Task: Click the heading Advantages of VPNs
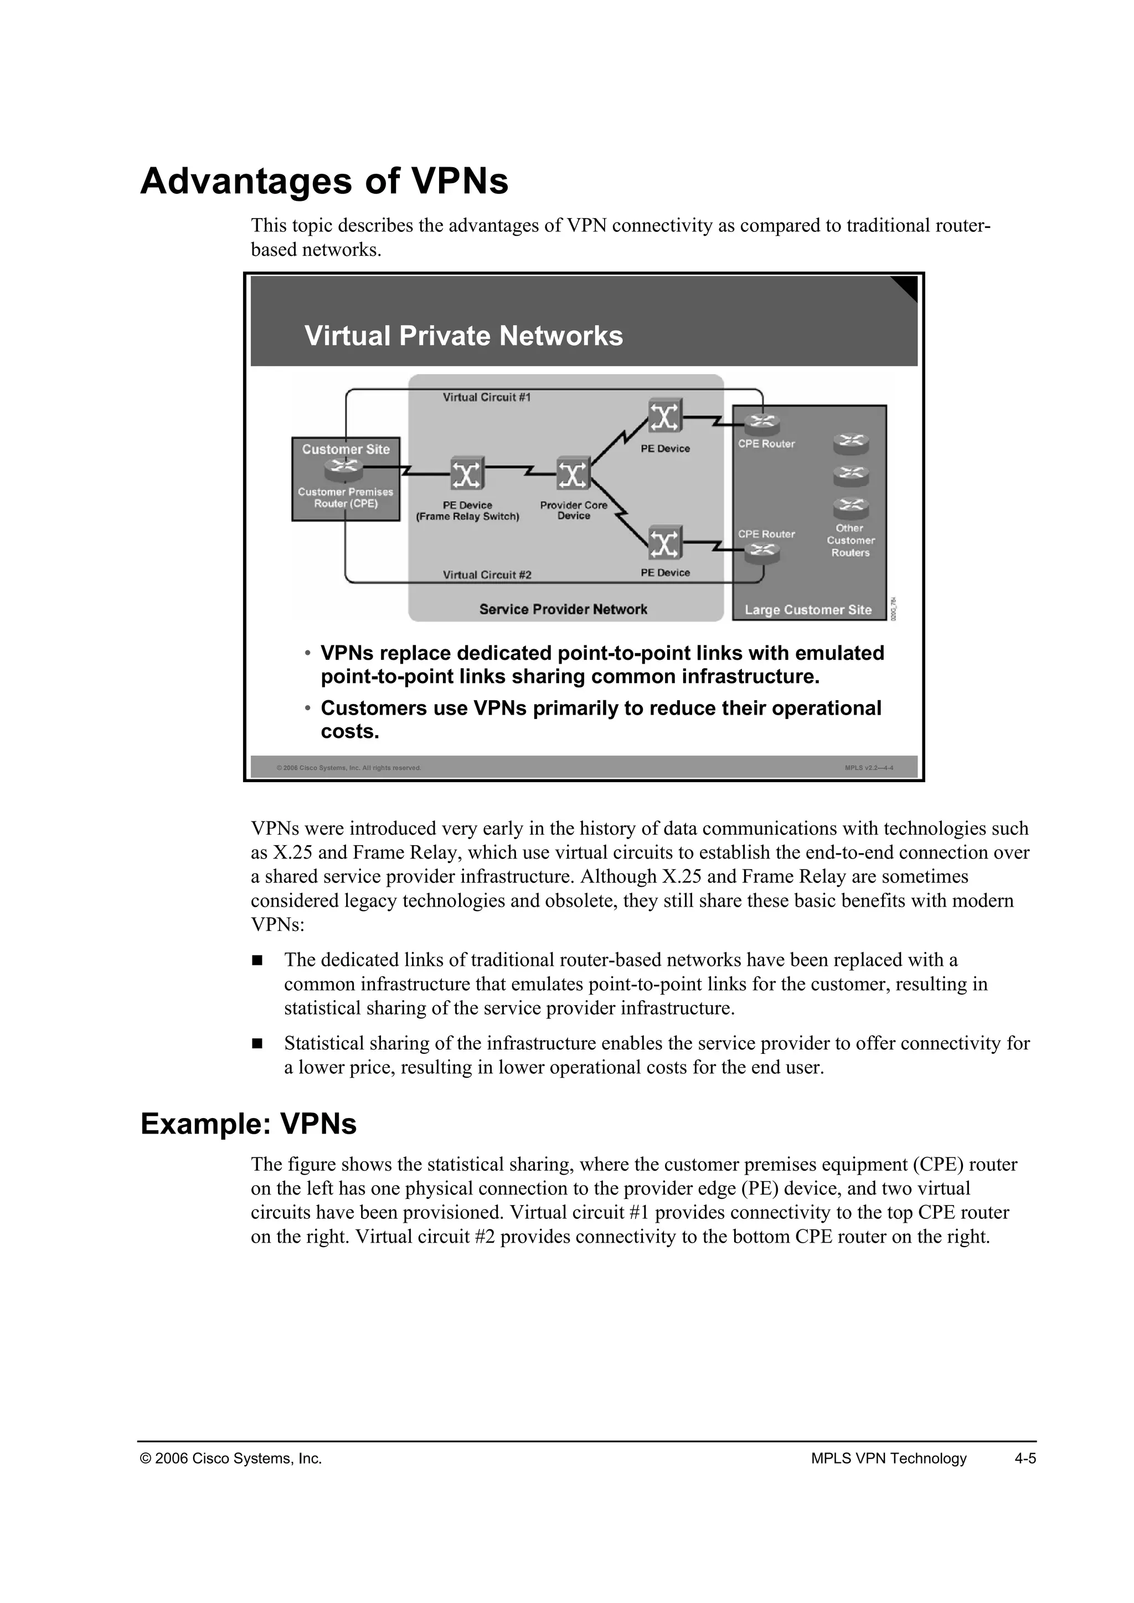tap(324, 182)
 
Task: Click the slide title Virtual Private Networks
tap(463, 336)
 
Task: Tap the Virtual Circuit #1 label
tap(487, 397)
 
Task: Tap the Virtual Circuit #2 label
tap(487, 575)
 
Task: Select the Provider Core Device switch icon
tap(573, 475)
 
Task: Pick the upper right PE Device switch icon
tap(665, 417)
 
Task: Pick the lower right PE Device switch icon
tap(665, 542)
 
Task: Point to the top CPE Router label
tap(766, 444)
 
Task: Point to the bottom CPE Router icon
tap(762, 552)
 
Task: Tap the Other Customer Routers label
tap(850, 540)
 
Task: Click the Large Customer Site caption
tap(808, 609)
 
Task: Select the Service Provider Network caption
tap(563, 609)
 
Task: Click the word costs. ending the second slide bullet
tap(350, 732)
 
